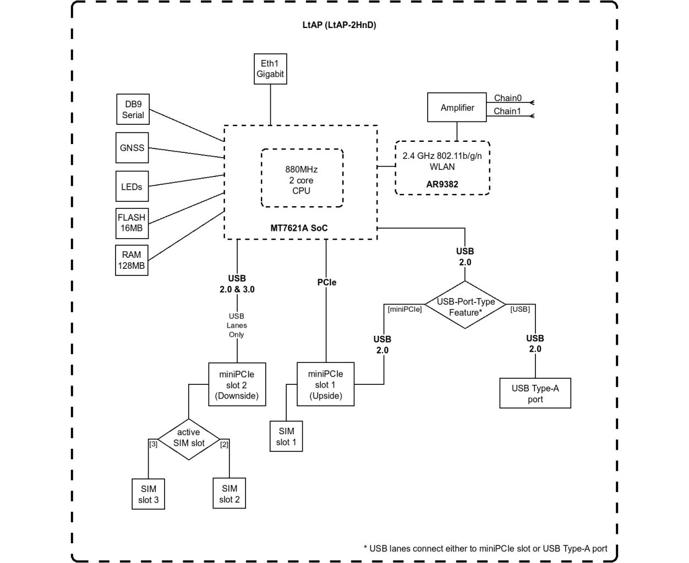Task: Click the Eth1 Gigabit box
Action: click(270, 69)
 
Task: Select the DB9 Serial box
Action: click(133, 109)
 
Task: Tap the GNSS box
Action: click(132, 147)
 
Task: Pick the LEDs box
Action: click(132, 186)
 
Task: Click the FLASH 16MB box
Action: click(132, 223)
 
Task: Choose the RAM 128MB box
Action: click(132, 260)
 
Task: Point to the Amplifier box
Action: click(457, 107)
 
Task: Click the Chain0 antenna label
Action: click(507, 98)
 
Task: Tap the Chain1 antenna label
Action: click(507, 111)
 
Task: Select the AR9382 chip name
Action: click(442, 184)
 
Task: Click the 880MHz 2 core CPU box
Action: click(302, 178)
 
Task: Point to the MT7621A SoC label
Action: click(299, 228)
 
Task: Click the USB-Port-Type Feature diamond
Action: click(465, 305)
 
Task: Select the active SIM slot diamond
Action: click(189, 439)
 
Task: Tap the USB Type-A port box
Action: click(535, 393)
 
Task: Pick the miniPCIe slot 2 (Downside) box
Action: click(237, 384)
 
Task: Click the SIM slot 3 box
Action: click(149, 494)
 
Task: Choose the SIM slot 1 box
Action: click(286, 436)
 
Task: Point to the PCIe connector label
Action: click(327, 282)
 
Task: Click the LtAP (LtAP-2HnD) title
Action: click(339, 25)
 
